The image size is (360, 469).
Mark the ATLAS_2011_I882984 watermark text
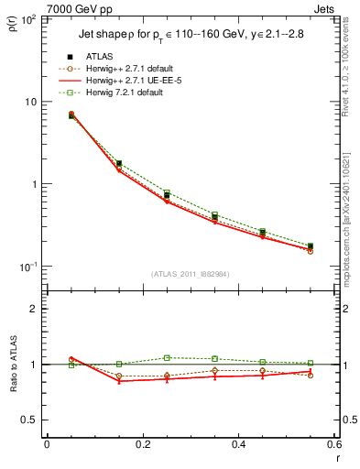pos(190,274)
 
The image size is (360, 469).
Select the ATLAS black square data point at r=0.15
pos(119,163)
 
